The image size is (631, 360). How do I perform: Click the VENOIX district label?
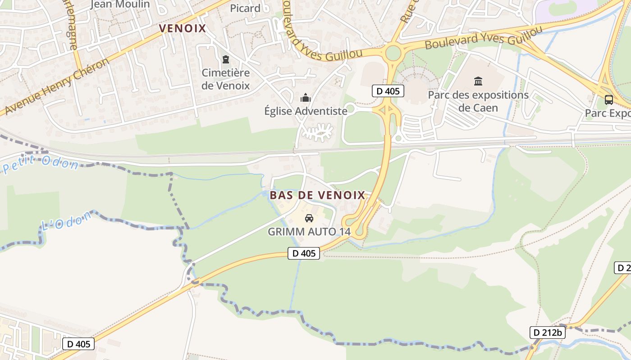(x=183, y=29)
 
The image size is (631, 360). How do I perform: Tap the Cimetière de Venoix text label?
(x=225, y=79)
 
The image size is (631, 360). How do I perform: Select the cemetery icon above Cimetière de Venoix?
(x=225, y=59)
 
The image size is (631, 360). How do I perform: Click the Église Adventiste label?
(x=306, y=111)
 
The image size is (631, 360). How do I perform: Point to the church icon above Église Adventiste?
(x=306, y=98)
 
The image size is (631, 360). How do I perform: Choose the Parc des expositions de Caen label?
(x=478, y=101)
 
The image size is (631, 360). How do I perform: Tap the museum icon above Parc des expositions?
(x=478, y=81)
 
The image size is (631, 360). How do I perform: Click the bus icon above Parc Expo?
(x=608, y=100)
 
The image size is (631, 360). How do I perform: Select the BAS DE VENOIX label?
(x=317, y=195)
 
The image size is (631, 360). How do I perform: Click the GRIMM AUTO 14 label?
(x=309, y=232)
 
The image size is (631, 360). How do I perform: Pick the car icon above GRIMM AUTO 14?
(x=309, y=219)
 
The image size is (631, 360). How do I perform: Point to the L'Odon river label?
(x=66, y=220)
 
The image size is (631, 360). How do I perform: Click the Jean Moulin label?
(x=120, y=4)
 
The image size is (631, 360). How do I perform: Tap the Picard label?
(x=245, y=8)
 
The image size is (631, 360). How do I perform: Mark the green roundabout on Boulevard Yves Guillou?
(x=393, y=53)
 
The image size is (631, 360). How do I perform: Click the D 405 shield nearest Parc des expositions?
(x=388, y=91)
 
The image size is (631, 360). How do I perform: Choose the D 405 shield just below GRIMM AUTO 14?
(x=304, y=253)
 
